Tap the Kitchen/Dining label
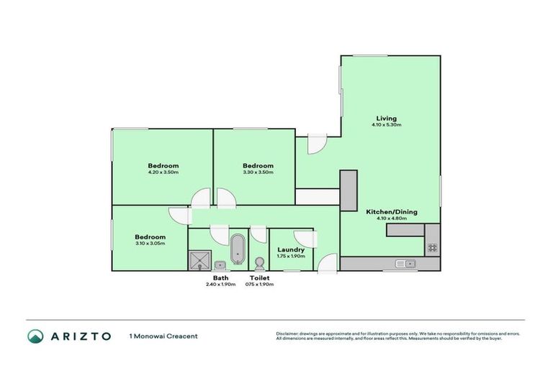point(391,212)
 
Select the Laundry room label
point(290,250)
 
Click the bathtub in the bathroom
point(237,249)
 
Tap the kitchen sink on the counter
point(405,264)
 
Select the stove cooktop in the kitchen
point(432,247)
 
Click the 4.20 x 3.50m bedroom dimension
point(163,172)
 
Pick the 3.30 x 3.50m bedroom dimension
point(258,172)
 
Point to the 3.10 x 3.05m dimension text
point(150,244)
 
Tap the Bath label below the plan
point(220,277)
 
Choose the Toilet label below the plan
point(260,277)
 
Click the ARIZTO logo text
point(80,336)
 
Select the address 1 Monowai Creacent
point(163,336)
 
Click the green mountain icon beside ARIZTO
point(35,336)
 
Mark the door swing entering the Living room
point(315,144)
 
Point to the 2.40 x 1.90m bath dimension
point(220,284)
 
